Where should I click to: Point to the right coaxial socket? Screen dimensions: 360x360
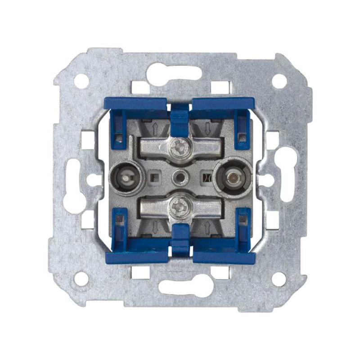pos(231,176)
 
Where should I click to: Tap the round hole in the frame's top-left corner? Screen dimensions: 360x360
pos(81,81)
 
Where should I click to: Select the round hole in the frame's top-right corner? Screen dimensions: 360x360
pos(279,81)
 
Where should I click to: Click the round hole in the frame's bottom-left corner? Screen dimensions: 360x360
pos(81,279)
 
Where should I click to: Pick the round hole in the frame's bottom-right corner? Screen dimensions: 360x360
pos(279,279)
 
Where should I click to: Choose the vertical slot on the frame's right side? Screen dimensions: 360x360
pos(288,173)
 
